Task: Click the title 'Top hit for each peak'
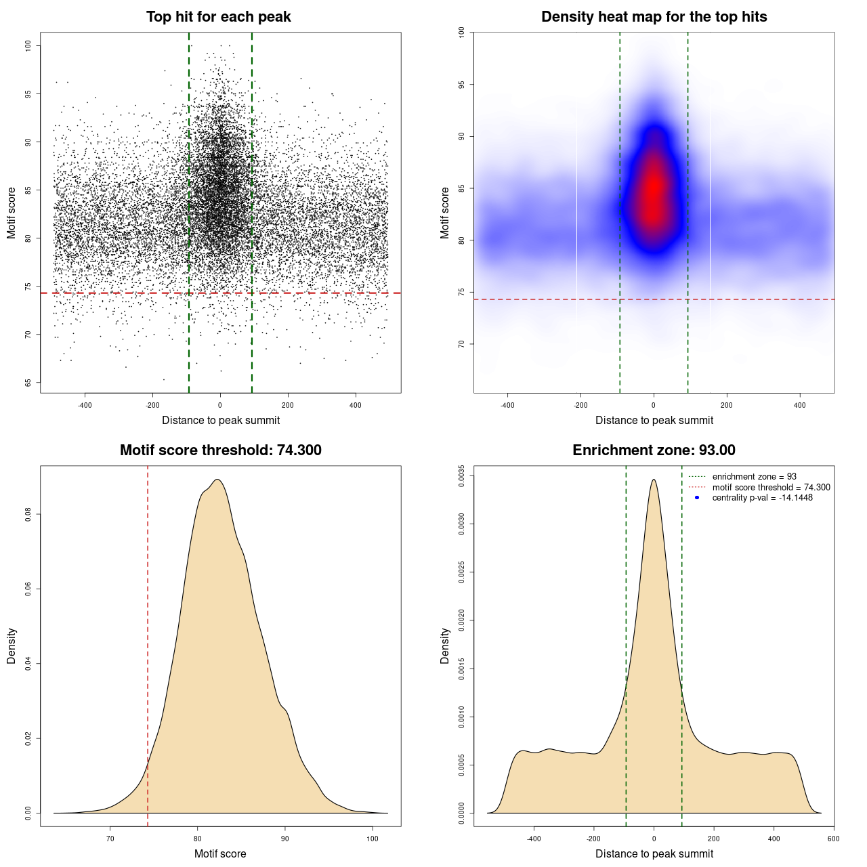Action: tap(218, 17)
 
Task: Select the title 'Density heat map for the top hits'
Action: tap(654, 17)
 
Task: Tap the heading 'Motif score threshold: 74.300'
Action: tap(220, 450)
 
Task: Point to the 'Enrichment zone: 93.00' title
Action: tap(654, 450)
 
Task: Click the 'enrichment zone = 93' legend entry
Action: tap(754, 477)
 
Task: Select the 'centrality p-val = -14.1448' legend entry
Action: tap(762, 498)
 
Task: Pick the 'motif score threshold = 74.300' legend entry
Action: tap(771, 488)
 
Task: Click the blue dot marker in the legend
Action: tap(696, 498)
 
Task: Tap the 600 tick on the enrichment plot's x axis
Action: tap(833, 839)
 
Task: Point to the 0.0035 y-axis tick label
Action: tap(462, 476)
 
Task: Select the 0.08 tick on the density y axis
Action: tap(28, 515)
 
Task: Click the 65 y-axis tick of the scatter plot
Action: tap(28, 383)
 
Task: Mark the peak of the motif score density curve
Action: tap(217, 480)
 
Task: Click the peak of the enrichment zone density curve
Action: tap(654, 480)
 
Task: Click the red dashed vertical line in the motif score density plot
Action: tap(148, 643)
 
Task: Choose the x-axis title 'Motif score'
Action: tap(220, 853)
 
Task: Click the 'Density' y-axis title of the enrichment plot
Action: tap(445, 646)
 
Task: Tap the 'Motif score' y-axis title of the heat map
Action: tap(445, 213)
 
